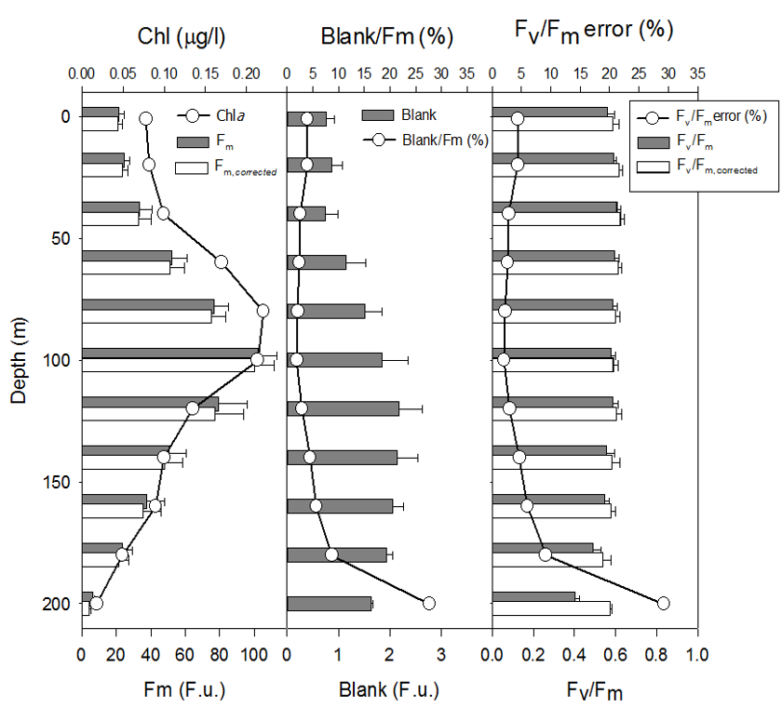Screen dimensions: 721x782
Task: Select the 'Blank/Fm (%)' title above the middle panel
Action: (386, 37)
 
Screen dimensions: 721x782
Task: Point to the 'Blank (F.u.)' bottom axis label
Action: (388, 691)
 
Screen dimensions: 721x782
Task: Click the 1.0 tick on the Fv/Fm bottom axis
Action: (695, 655)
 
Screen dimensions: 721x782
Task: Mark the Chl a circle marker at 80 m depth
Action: (263, 311)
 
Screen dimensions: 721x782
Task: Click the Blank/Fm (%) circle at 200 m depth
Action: (429, 603)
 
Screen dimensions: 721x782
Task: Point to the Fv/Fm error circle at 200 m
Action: (664, 603)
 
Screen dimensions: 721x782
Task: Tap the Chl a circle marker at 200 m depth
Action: (96, 603)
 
